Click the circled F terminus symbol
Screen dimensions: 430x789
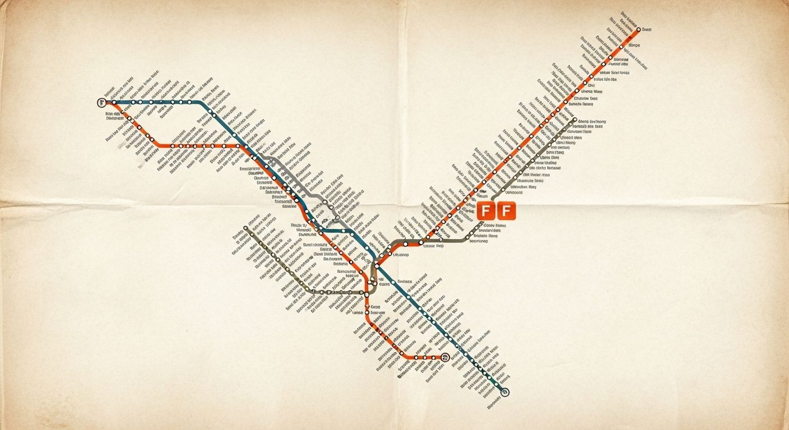(x=101, y=102)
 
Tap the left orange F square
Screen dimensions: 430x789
(x=486, y=212)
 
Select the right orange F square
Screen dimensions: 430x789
(x=506, y=212)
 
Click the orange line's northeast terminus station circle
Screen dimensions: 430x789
(x=638, y=30)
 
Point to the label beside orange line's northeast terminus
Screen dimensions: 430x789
(x=647, y=29)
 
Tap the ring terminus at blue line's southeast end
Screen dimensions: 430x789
(x=505, y=392)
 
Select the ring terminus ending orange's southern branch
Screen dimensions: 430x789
(x=444, y=357)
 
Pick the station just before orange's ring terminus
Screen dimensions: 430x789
(x=433, y=357)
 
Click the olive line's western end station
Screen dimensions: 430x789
(x=245, y=228)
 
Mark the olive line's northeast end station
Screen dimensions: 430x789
(x=574, y=119)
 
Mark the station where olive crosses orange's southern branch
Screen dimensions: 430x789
(x=368, y=292)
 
